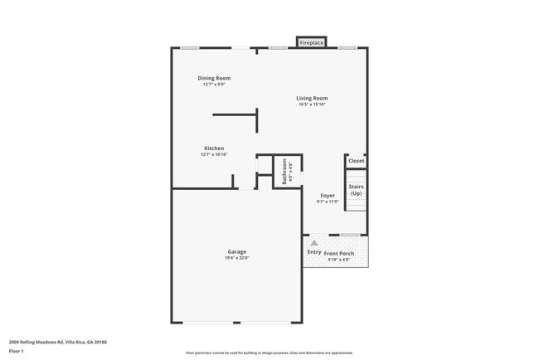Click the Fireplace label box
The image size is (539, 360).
(x=312, y=42)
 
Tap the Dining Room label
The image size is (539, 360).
(x=214, y=78)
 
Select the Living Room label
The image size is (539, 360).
(x=313, y=99)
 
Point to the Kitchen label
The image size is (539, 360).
(x=214, y=148)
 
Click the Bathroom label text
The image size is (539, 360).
(x=284, y=171)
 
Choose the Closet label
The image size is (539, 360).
(x=356, y=161)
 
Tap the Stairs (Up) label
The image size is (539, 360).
(x=356, y=190)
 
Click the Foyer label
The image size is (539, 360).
(x=328, y=196)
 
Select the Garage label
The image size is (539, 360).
(x=236, y=251)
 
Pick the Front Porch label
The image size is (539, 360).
(x=339, y=253)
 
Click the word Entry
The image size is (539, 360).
(x=314, y=252)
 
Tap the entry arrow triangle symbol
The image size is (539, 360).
(x=314, y=243)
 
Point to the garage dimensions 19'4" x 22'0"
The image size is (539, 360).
(x=236, y=258)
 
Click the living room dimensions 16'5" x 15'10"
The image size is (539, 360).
(x=313, y=105)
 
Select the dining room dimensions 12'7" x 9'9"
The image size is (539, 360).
(x=214, y=84)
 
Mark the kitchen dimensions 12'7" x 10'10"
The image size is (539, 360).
(x=214, y=154)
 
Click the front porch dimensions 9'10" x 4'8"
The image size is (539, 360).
(x=339, y=260)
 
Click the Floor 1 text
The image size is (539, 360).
(x=17, y=350)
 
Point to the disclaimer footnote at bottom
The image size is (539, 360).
(x=269, y=353)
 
